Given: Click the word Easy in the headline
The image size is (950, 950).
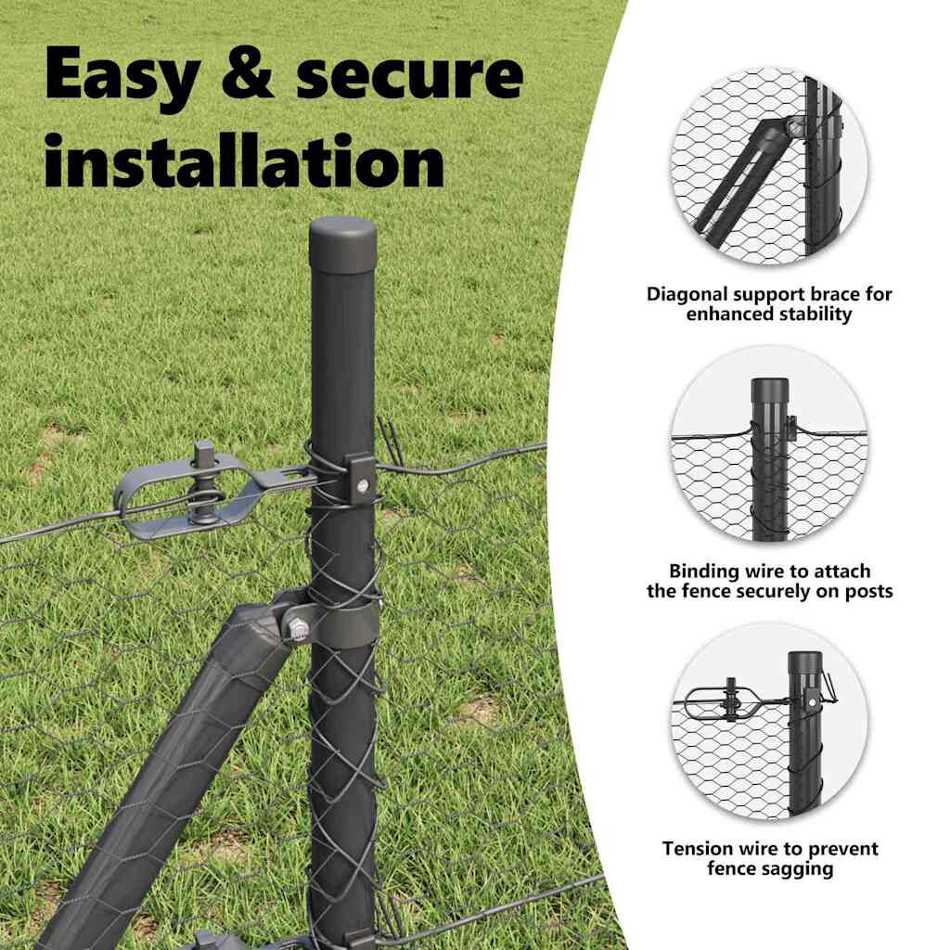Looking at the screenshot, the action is pyautogui.click(x=122, y=75).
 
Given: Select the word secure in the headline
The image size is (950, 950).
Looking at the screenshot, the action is pyautogui.click(x=409, y=75).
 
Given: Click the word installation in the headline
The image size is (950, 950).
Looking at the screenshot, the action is pyautogui.click(x=245, y=160).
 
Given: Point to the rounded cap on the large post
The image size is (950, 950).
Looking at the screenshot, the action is pyautogui.click(x=342, y=244).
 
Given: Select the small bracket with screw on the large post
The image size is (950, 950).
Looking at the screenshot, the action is pyautogui.click(x=360, y=476).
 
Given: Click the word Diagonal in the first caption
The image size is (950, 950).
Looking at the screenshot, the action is pyautogui.click(x=687, y=295).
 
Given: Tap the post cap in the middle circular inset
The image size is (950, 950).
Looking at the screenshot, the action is pyautogui.click(x=770, y=393).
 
